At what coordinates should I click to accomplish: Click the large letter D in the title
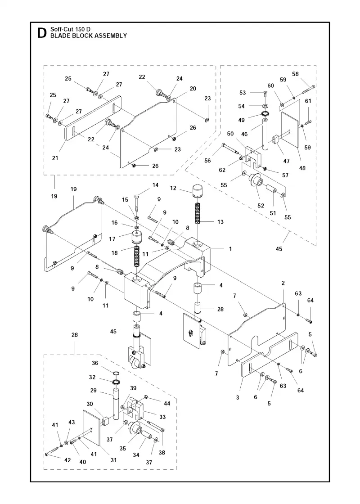pos(41,33)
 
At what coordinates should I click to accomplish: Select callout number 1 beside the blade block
pos(230,248)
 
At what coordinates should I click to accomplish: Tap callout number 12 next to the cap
pos(173,188)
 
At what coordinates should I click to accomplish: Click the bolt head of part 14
pos(137,196)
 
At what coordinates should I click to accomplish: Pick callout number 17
pos(112,239)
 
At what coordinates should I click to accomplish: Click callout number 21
pos(55,158)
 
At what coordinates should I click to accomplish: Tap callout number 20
pos(193,88)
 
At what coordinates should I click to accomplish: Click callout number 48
pos(302,168)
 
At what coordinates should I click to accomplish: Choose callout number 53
pos(243,93)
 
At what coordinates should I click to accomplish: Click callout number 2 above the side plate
pos(283,283)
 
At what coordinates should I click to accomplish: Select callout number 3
pos(238,397)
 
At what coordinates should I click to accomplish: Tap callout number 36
pos(95,363)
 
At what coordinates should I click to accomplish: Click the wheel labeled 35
pos(135,428)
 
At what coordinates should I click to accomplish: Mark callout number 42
pos(67,460)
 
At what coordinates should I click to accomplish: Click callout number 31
pos(113,460)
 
